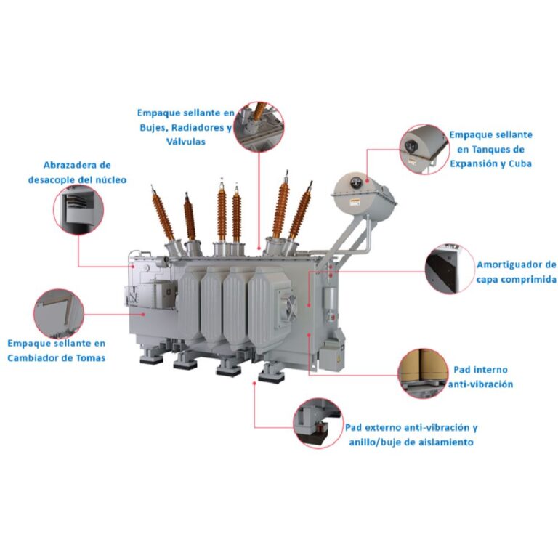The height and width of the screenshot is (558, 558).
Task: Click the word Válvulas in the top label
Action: (x=186, y=142)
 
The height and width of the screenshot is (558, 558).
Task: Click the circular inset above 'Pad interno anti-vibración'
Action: (x=423, y=373)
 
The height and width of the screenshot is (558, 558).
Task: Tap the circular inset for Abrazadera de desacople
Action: (x=78, y=209)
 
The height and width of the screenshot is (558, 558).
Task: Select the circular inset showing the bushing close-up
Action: (x=260, y=126)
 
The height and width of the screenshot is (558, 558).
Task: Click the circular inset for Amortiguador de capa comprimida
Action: (x=450, y=269)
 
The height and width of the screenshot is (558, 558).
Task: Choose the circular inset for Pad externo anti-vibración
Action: (x=318, y=423)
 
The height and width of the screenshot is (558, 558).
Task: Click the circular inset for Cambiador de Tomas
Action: (x=59, y=314)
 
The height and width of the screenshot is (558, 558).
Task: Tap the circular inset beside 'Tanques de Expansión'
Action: (x=424, y=149)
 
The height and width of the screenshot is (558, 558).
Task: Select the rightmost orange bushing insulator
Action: (x=300, y=211)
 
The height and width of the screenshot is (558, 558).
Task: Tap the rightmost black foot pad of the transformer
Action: (x=272, y=379)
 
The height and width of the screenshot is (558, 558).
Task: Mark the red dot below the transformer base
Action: (x=254, y=384)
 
